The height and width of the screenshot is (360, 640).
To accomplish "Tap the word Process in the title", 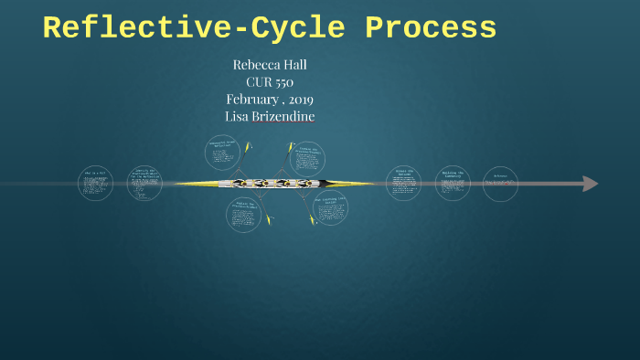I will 431,28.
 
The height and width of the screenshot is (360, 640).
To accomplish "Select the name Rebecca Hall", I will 270,65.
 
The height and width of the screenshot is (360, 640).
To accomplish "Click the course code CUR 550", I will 270,82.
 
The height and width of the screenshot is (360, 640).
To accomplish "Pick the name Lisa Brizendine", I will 270,116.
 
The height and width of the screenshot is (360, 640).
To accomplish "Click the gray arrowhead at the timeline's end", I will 591,184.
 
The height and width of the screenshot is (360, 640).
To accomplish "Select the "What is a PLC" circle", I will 94,184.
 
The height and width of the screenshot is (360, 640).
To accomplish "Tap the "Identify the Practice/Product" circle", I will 144,183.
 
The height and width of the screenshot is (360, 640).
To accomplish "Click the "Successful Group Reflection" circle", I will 224,154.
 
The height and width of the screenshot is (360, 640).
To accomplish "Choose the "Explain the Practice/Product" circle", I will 243,214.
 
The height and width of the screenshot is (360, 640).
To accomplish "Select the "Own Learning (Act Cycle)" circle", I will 330,207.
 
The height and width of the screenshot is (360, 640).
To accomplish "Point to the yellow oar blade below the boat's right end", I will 315,220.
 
